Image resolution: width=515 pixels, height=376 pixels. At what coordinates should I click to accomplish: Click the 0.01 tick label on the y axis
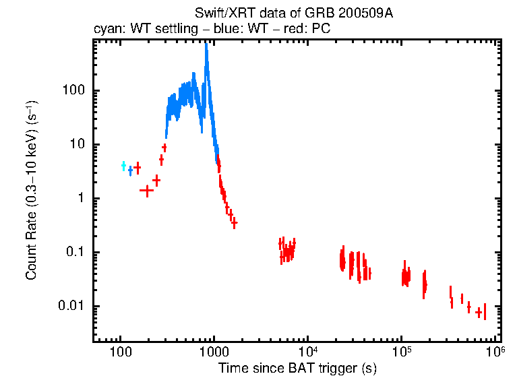click(71, 307)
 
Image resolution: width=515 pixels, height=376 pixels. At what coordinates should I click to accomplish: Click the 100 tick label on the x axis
click(120, 352)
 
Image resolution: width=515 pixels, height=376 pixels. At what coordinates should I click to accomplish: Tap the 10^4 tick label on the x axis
click(307, 351)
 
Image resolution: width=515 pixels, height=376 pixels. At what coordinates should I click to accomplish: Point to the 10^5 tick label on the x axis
click(402, 351)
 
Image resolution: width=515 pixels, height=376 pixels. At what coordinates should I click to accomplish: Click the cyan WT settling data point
click(123, 165)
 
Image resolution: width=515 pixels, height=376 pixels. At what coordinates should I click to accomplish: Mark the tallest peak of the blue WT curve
click(206, 46)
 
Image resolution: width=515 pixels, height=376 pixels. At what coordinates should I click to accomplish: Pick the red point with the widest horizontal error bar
click(146, 190)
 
